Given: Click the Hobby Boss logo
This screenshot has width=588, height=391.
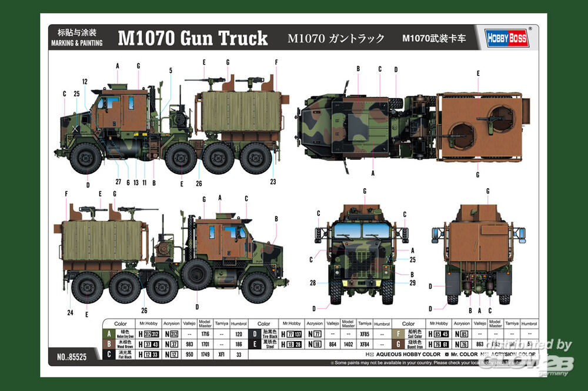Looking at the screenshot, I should tap(507, 38).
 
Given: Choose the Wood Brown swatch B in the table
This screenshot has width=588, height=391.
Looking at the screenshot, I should tap(109, 344).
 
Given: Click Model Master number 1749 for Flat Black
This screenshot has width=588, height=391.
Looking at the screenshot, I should tap(205, 355).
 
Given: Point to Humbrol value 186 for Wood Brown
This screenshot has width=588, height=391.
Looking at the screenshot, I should tap(238, 344).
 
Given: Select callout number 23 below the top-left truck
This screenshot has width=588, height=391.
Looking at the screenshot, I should tap(273, 182).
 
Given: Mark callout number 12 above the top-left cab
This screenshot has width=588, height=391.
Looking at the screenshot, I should tap(85, 82).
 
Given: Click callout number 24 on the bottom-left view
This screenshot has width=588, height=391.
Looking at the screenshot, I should tap(70, 312).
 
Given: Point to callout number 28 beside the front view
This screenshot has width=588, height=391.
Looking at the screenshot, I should tap(313, 283).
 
